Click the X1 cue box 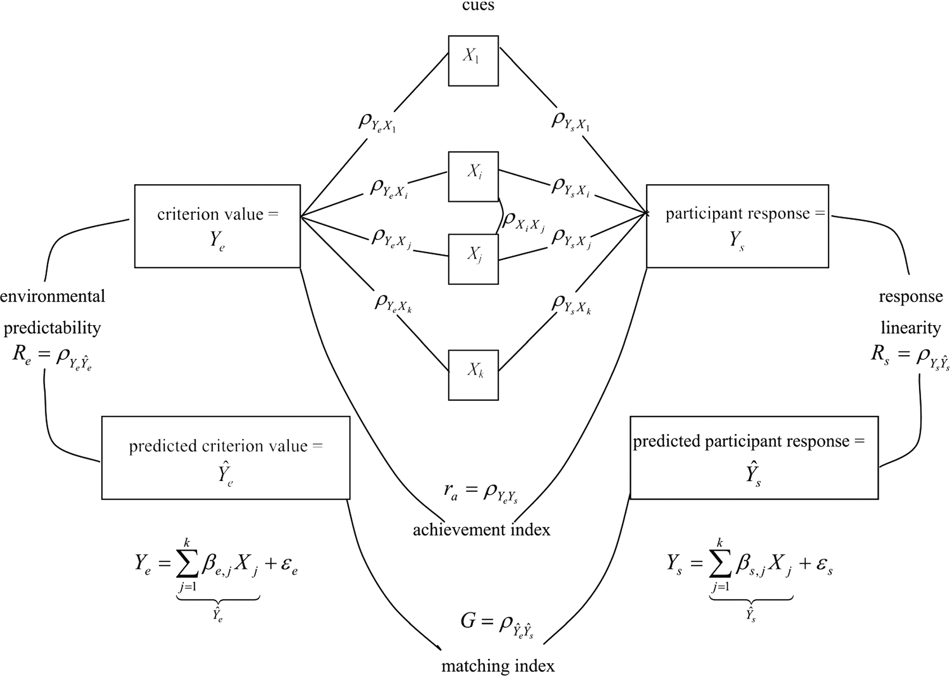coord(473,61)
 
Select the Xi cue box coord(473,176)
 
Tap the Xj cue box coord(473,259)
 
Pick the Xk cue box coord(473,374)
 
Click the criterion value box coord(217,226)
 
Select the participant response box coord(737,226)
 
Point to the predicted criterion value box coord(226,457)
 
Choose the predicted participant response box coord(754,457)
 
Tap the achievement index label coord(481,530)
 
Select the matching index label coord(498,666)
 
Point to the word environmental coord(53,296)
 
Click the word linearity coord(910,327)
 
